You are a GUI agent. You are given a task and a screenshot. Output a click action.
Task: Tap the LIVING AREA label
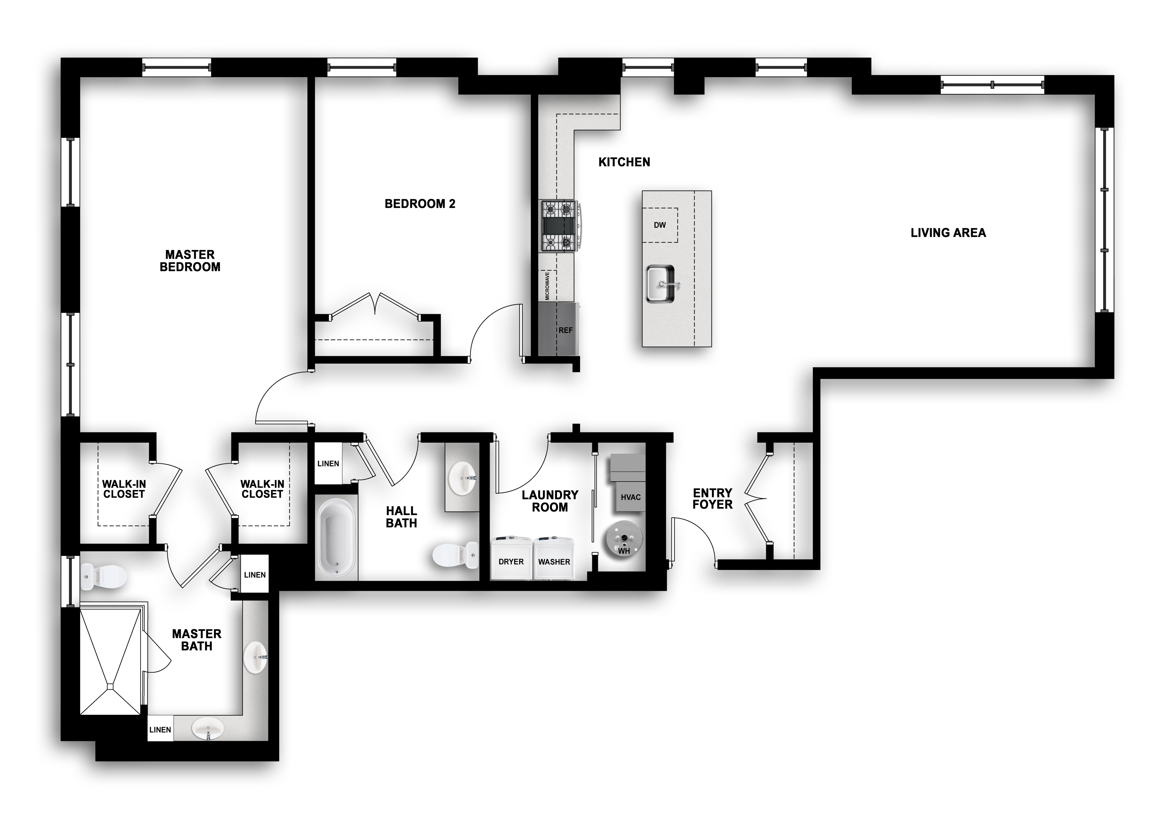point(948,233)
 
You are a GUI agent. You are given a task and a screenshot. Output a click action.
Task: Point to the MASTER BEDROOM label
point(190,261)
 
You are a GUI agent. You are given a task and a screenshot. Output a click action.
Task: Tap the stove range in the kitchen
point(560,226)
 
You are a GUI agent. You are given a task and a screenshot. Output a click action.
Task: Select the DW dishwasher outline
point(660,225)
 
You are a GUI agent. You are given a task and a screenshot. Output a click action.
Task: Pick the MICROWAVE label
point(547,286)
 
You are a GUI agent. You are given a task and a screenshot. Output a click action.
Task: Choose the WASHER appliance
point(554,558)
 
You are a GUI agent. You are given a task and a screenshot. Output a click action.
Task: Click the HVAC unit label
point(631,497)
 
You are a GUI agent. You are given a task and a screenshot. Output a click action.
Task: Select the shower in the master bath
point(110,661)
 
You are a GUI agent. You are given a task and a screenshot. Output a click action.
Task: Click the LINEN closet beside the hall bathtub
point(328,464)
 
